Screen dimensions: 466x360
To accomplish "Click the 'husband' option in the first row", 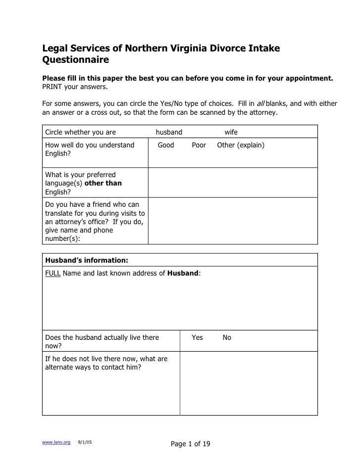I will [169, 132].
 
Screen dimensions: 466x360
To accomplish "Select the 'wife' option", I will [231, 132].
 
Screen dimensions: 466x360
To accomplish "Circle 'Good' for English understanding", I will [166, 145].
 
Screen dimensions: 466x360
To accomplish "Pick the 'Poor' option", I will [199, 145].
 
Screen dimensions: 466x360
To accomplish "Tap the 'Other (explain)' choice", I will [241, 145].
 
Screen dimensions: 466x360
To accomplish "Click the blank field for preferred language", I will [232, 183].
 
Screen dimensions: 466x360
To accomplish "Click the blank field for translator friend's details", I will [232, 221].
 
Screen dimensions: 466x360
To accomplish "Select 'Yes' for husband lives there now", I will [197, 338].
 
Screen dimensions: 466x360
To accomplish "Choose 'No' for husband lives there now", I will [227, 338].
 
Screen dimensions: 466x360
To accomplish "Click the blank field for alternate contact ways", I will [248, 383].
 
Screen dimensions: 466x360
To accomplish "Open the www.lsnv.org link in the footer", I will [56, 442].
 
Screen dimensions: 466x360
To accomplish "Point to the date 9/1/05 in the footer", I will [85, 442].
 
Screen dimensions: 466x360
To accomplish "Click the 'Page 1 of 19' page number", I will [190, 444].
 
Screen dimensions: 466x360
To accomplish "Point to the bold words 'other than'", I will [103, 183].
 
